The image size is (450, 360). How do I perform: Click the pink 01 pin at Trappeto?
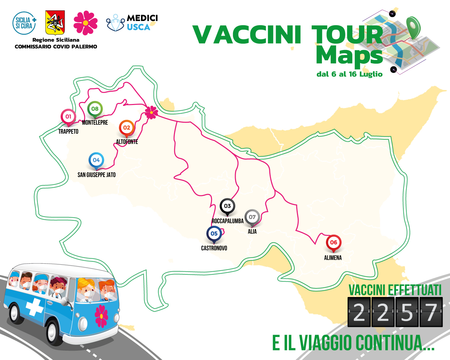point(68,117)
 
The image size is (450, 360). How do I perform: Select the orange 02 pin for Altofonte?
point(127,128)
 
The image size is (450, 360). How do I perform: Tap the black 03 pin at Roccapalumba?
point(227,206)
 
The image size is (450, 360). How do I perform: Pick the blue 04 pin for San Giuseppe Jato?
point(96,160)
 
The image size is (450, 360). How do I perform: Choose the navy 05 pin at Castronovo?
point(214,234)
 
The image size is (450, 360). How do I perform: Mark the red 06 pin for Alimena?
point(333,243)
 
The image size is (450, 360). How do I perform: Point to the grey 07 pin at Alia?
point(252,217)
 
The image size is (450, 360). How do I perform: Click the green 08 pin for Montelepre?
point(95,109)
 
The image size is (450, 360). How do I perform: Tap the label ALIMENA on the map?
point(333,258)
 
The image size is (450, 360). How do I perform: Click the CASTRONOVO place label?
point(214,248)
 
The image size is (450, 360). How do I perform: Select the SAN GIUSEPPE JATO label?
point(97,175)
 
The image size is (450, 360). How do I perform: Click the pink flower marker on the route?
point(151,112)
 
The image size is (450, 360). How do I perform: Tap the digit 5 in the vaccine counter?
point(407,313)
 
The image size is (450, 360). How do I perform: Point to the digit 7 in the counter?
point(431,313)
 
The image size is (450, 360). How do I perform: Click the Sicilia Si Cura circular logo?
point(24,23)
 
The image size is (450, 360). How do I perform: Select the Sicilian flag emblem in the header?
point(55,22)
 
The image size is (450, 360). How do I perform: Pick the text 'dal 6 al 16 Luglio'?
point(349,74)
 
